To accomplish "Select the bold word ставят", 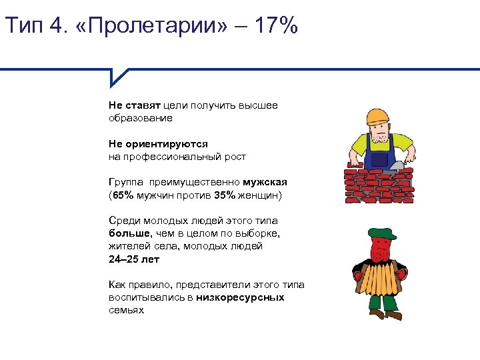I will pos(141,105).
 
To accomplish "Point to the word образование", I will pos(141,118).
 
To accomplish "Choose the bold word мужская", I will pos(265,182).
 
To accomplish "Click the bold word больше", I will pos(130,233).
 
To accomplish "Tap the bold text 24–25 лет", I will pos(134,259).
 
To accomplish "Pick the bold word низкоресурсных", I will pos(240,297).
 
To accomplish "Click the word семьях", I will pos(126,311).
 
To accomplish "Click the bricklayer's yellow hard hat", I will pos(377,116).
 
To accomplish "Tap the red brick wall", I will pos(377,183).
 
